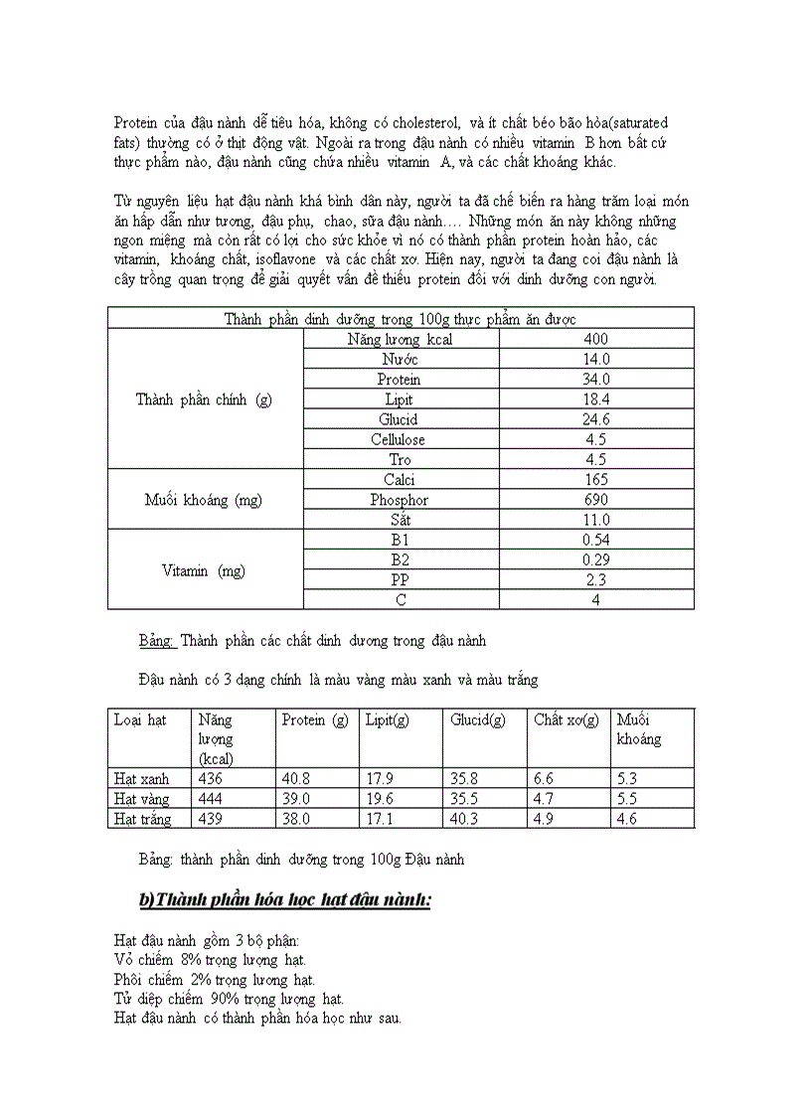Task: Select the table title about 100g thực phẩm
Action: click(401, 318)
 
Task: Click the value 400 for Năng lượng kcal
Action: click(596, 339)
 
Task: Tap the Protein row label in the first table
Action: click(399, 380)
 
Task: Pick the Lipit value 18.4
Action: click(596, 399)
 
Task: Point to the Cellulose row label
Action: click(399, 439)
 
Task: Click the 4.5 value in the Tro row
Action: click(596, 459)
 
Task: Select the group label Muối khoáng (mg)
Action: click(204, 500)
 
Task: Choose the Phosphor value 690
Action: click(596, 500)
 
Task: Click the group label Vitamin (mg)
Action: click(204, 570)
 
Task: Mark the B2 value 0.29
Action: click(596, 559)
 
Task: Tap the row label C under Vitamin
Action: click(400, 600)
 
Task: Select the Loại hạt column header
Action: click(139, 719)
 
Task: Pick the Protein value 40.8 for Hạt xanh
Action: click(296, 779)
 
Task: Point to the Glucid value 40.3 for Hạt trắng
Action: click(464, 819)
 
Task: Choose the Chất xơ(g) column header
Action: click(566, 719)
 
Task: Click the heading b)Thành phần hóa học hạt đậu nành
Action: click(284, 900)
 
